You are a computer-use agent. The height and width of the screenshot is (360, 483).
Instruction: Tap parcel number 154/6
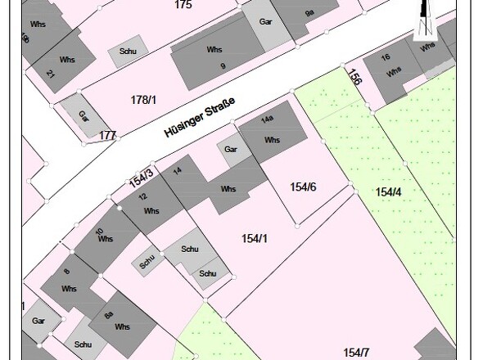click(x=303, y=187)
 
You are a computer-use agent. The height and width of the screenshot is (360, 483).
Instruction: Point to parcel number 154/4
click(x=389, y=192)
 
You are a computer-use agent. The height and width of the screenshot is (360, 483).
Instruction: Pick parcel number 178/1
click(x=143, y=100)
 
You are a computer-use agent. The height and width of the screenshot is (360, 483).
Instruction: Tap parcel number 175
click(x=183, y=5)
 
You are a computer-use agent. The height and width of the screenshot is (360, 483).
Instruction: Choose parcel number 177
click(x=107, y=135)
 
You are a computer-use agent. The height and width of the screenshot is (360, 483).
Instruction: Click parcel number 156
click(x=354, y=78)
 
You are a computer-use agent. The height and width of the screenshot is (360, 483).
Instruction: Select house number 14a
click(x=267, y=119)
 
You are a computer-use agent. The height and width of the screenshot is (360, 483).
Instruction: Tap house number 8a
click(x=107, y=314)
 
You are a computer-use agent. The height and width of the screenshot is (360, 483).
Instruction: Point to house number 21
click(x=51, y=74)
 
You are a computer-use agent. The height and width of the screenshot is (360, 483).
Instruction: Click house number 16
click(x=386, y=57)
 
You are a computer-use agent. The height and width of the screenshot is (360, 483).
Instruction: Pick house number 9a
click(x=309, y=14)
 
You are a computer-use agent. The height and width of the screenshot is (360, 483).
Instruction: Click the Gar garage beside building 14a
click(x=231, y=150)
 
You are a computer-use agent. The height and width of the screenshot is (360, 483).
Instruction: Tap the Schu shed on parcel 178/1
click(x=127, y=51)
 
